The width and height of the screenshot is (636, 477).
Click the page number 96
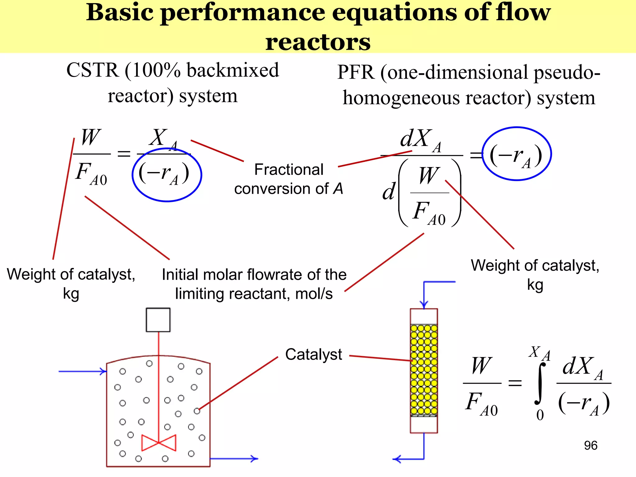(x=590, y=445)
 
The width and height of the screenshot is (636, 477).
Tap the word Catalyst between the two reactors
(x=313, y=354)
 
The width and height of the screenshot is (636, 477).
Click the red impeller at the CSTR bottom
(x=159, y=443)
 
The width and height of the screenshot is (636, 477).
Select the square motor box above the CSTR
(x=158, y=320)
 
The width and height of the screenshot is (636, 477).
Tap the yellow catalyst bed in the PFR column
(x=424, y=370)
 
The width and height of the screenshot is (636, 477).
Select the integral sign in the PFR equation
(x=540, y=384)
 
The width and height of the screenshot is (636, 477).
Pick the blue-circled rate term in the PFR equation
(x=516, y=154)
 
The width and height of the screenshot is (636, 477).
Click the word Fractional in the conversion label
(x=288, y=170)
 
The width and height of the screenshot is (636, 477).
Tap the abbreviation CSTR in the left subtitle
(x=93, y=70)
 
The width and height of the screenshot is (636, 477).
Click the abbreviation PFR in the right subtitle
(x=356, y=72)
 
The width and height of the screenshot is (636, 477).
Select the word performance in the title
(x=243, y=13)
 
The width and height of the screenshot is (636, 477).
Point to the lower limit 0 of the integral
(x=540, y=415)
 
